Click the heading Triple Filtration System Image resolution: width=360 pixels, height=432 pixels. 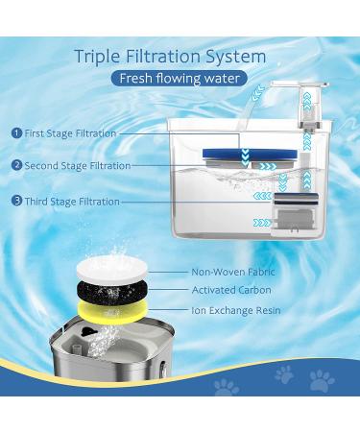pos(170,57)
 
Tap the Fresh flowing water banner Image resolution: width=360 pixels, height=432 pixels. pos(180,79)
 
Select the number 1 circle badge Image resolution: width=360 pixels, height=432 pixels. pos(16,132)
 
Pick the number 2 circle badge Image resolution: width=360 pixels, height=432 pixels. pos(16,165)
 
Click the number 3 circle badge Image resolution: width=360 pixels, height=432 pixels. pos(16,201)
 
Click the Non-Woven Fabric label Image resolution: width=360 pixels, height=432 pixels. pos(233,272)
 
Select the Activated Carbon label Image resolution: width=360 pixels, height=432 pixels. pos(231,290)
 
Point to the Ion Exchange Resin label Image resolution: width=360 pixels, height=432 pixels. pos(236,310)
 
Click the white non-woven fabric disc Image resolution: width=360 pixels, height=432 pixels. pos(112,270)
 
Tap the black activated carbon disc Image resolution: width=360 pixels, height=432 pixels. pos(112,291)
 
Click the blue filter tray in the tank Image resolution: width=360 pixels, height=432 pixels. pos(250,155)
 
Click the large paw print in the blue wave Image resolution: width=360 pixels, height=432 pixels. pos(322,380)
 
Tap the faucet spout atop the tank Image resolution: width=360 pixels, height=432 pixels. pos(300,84)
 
